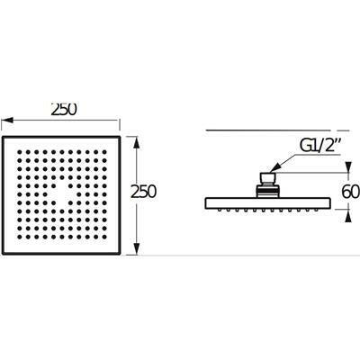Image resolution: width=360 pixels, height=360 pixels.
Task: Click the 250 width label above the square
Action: coord(64,110)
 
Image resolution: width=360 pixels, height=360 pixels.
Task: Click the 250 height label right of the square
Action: coord(143,192)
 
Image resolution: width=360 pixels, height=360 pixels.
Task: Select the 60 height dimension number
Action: coord(351,192)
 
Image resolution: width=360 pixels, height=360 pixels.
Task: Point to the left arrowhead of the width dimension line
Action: coord(7,121)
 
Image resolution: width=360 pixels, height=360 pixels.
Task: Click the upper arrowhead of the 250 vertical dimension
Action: coord(137,143)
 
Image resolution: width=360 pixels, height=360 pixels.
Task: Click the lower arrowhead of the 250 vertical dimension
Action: coord(137,248)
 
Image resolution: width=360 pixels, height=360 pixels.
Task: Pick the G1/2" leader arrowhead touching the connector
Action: coord(273,169)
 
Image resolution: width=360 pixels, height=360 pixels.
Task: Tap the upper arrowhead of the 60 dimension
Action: coord(348,167)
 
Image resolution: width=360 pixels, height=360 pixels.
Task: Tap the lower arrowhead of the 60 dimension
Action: coord(348,215)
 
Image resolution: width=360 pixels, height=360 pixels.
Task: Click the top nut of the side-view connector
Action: coord(268,179)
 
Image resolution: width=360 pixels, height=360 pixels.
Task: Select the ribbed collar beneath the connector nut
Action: coord(268,192)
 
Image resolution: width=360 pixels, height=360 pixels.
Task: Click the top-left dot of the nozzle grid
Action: coord(20,152)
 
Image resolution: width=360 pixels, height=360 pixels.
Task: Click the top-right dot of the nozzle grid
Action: coord(104,152)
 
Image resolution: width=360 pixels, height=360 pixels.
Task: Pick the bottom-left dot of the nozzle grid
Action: coord(20,237)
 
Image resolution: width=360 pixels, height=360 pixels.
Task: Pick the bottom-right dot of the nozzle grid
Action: coord(104,237)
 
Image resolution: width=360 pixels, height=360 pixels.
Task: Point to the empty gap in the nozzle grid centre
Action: coord(62,194)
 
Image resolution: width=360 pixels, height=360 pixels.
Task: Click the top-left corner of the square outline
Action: coord(3,137)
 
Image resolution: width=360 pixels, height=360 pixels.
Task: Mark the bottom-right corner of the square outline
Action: coord(120,254)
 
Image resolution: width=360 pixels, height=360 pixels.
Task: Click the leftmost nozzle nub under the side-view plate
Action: coord(220,211)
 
